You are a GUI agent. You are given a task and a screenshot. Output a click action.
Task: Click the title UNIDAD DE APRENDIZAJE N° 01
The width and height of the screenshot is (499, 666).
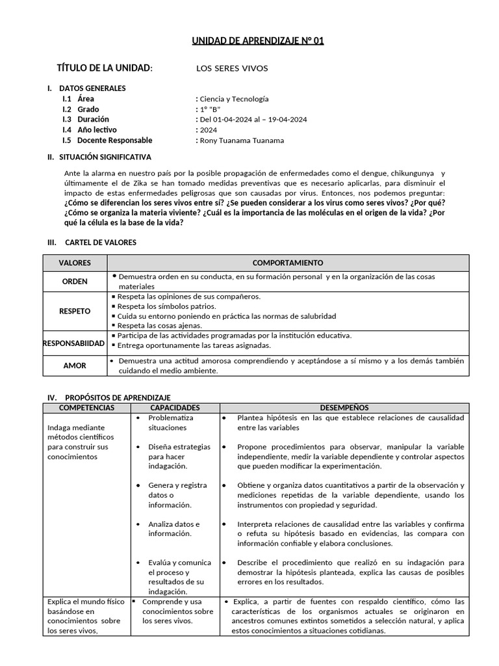point(257,41)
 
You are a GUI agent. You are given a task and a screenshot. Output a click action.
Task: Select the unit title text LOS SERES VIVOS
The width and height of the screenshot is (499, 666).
point(232,68)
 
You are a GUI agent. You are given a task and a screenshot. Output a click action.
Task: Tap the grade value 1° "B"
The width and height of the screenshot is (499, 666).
point(211,109)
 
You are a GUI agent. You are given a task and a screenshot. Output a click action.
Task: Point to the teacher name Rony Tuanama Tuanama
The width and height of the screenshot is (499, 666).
point(242,140)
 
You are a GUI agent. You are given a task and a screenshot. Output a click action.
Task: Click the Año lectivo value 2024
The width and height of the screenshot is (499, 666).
point(209,130)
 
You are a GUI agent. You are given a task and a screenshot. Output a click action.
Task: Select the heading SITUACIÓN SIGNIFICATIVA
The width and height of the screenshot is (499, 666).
point(105,157)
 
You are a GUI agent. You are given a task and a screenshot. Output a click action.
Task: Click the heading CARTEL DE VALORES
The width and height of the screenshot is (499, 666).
point(101,243)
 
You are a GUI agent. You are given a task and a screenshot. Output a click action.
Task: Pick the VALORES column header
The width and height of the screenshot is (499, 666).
point(75,263)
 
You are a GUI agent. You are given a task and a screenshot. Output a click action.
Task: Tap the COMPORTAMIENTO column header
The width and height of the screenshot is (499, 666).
point(287,263)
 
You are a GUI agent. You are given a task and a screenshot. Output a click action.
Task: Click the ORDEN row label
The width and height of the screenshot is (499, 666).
point(75,282)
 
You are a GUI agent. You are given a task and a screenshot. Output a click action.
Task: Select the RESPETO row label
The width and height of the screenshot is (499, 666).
point(75,311)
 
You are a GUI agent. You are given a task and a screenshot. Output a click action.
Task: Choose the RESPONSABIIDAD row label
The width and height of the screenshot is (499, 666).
point(74,343)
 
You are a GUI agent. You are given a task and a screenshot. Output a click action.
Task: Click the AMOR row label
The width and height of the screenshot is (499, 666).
point(75,366)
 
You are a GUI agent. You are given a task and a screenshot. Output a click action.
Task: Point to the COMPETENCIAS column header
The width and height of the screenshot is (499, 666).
point(86,408)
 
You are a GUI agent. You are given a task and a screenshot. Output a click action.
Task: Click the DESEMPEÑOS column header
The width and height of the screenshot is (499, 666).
point(344,408)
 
